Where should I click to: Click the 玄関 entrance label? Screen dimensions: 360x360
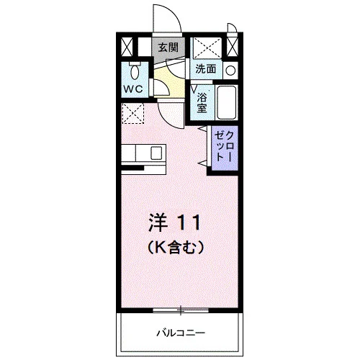click(168, 48)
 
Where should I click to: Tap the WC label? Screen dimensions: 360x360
click(133, 89)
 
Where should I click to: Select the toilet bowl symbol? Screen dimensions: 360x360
click(135, 71)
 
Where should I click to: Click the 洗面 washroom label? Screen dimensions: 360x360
click(206, 69)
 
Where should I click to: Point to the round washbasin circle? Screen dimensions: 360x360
click(230, 71)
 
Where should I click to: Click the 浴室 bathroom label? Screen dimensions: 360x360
click(202, 102)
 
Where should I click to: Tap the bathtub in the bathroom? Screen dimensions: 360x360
click(226, 102)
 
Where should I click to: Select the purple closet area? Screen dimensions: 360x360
click(225, 148)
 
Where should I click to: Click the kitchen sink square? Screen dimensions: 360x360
click(156, 153)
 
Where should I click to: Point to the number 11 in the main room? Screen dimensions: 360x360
click(189, 222)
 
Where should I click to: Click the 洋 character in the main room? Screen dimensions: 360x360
click(158, 222)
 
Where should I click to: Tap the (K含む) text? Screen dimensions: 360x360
click(176, 248)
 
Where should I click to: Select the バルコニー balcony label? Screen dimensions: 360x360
click(181, 333)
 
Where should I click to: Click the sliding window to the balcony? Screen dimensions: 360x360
click(181, 310)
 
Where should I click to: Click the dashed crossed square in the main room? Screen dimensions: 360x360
click(132, 113)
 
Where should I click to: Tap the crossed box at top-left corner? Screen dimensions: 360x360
click(127, 47)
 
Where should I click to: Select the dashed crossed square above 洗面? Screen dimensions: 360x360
click(207, 48)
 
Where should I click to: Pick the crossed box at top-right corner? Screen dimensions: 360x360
click(233, 47)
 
